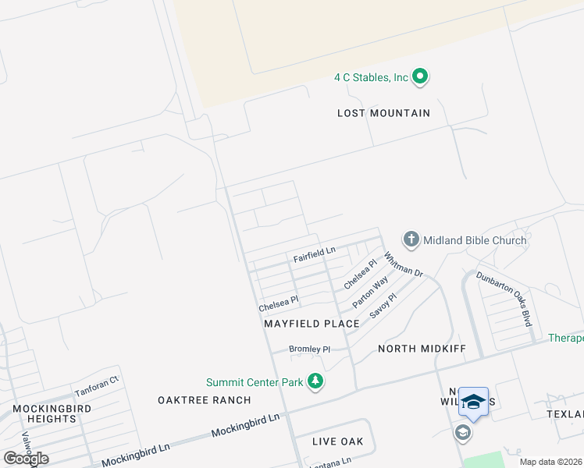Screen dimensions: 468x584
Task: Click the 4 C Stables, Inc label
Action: pyautogui.click(x=371, y=77)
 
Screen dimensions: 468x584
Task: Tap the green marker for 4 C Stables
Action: pyautogui.click(x=420, y=76)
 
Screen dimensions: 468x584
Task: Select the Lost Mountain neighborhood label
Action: pyautogui.click(x=383, y=113)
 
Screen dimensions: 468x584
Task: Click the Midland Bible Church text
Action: pyautogui.click(x=475, y=240)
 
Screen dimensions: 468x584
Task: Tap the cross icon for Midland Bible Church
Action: pyautogui.click(x=411, y=239)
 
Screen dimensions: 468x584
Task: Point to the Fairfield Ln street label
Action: pyautogui.click(x=314, y=253)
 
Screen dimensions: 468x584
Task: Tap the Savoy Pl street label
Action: pyautogui.click(x=383, y=305)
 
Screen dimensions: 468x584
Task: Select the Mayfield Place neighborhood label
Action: pyautogui.click(x=312, y=323)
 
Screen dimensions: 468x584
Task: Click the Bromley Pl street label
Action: pyautogui.click(x=310, y=349)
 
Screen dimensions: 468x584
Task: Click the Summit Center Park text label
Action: pyautogui.click(x=255, y=382)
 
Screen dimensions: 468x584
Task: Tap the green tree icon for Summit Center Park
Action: pyautogui.click(x=315, y=381)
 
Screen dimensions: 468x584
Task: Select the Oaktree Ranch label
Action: pyautogui.click(x=205, y=400)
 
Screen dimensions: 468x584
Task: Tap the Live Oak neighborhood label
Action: pyautogui.click(x=338, y=441)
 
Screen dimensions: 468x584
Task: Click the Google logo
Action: pyautogui.click(x=27, y=458)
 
